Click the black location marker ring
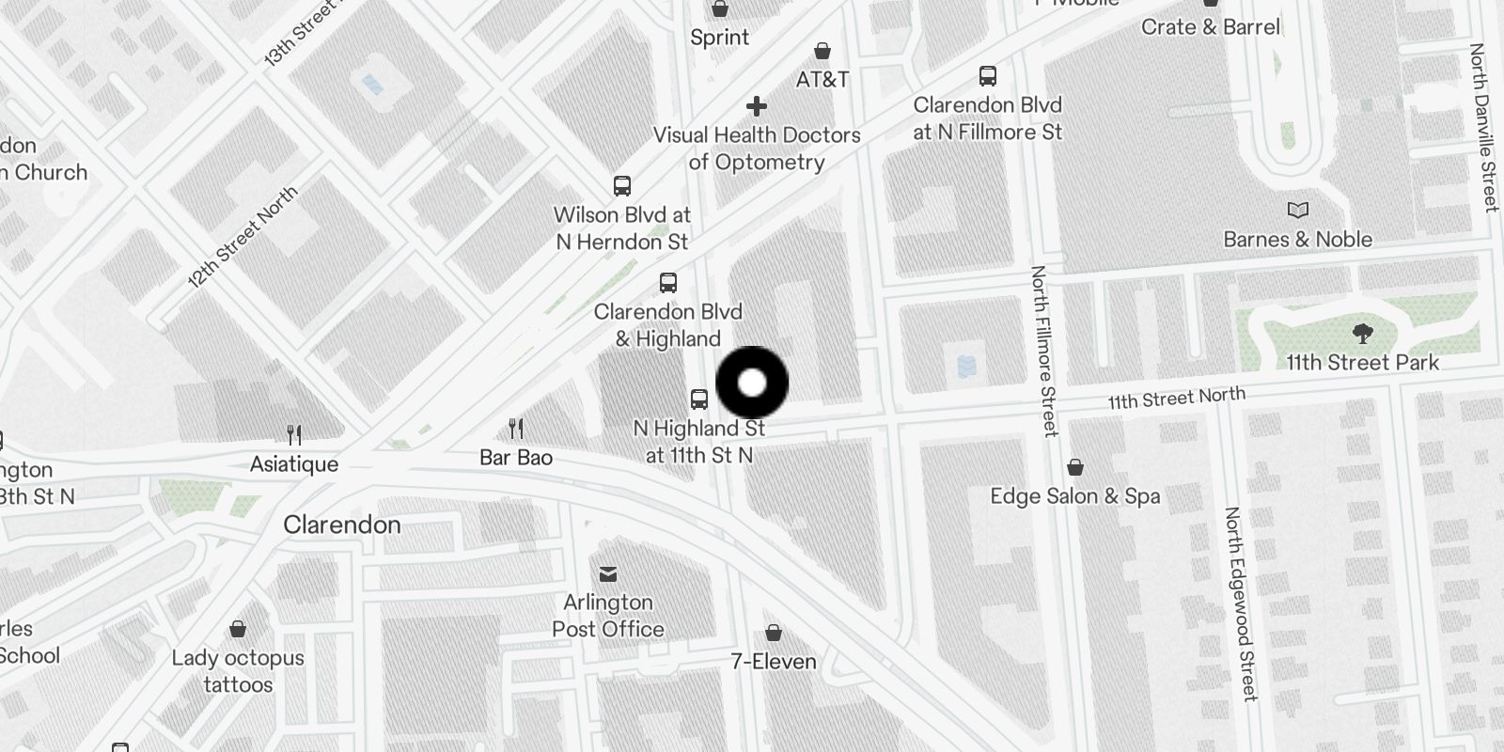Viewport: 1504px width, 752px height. (x=752, y=383)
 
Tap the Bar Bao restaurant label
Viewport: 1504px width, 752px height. (x=515, y=458)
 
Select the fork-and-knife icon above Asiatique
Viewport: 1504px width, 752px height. (x=294, y=434)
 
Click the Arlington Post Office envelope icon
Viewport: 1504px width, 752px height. (x=608, y=573)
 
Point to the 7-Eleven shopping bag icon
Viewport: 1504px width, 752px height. (x=773, y=633)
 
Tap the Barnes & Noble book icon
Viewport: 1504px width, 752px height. (x=1297, y=211)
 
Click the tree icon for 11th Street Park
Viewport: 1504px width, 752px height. (x=1362, y=333)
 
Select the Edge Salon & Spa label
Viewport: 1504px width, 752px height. (x=1074, y=496)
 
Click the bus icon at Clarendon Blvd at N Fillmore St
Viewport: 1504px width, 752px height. (x=987, y=76)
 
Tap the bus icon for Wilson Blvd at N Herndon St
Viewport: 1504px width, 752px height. (x=621, y=185)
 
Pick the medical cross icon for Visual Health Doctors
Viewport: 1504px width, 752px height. (x=757, y=106)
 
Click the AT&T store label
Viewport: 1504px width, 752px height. (x=822, y=80)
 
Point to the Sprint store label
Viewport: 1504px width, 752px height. (x=719, y=38)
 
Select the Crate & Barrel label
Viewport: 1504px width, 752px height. (x=1210, y=26)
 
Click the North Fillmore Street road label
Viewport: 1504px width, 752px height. (x=1043, y=351)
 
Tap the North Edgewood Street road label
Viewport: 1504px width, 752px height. (x=1240, y=603)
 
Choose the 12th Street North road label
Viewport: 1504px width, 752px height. (x=243, y=237)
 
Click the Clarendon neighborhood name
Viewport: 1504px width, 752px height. (x=342, y=525)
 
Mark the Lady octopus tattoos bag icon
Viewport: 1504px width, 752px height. (x=238, y=629)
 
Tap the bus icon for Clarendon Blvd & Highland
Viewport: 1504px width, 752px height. (x=667, y=283)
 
